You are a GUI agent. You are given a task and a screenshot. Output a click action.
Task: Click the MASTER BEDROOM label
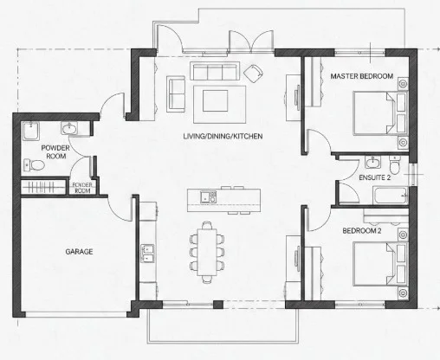362,76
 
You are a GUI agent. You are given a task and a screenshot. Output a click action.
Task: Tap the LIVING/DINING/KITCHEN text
223,138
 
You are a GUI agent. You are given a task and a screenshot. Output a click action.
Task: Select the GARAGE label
79,252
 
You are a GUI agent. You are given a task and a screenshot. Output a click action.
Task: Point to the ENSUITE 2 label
375,177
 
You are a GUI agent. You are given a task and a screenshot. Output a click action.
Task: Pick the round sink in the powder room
69,130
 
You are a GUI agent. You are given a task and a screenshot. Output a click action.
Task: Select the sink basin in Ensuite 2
372,161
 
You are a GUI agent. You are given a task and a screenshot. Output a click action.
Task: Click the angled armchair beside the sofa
254,72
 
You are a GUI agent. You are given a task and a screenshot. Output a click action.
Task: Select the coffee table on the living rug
216,100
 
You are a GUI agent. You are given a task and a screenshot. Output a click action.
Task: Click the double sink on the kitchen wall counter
147,253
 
